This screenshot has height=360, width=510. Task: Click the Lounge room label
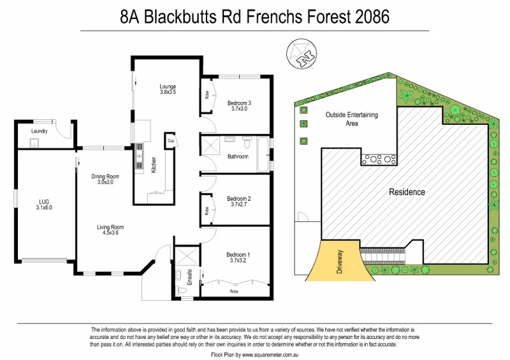click(168, 87)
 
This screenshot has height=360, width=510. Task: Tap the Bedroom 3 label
click(239, 103)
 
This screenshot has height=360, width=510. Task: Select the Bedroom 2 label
click(238, 198)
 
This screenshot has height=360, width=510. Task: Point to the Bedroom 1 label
click(238, 256)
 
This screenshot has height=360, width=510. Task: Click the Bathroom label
click(238, 156)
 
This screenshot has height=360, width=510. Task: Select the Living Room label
click(110, 227)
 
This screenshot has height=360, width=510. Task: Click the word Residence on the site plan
click(407, 192)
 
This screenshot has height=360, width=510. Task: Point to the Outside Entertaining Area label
click(351, 119)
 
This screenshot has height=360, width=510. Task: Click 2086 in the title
click(369, 16)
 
